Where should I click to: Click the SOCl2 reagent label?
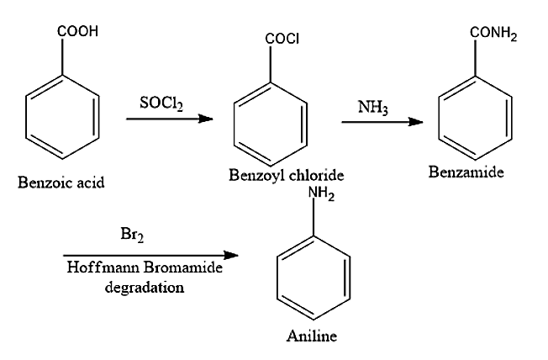point(162,103)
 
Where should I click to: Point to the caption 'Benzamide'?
point(466,173)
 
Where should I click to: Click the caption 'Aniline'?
point(311,336)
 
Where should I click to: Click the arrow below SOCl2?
point(168,119)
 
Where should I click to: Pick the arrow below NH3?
point(382,123)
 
